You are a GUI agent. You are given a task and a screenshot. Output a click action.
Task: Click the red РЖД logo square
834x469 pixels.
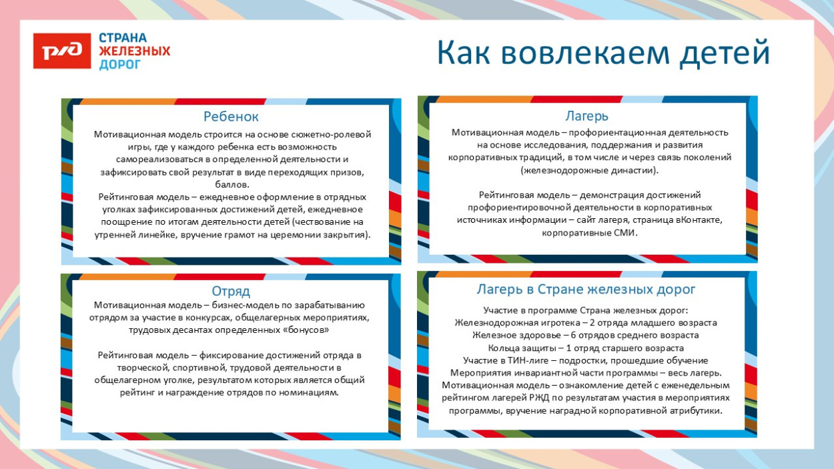click(x=61, y=51)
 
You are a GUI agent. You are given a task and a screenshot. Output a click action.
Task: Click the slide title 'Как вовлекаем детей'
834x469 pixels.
click(x=603, y=53)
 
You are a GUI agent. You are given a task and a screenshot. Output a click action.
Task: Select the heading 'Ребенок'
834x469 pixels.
click(x=231, y=117)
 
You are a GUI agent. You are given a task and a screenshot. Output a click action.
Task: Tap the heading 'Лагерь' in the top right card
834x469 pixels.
click(x=587, y=117)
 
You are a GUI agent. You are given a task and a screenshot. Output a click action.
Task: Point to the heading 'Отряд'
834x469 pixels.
click(x=231, y=292)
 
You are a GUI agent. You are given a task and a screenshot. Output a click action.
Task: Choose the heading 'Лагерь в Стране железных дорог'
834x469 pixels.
click(x=586, y=290)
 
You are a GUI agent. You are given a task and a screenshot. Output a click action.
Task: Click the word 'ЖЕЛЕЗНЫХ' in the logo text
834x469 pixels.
click(x=134, y=51)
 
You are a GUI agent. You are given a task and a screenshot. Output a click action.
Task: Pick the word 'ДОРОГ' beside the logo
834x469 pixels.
click(x=120, y=64)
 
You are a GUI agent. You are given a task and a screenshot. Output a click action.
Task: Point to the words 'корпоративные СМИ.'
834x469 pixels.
click(x=590, y=233)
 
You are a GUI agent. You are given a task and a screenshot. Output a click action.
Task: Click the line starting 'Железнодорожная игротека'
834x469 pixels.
click(x=586, y=323)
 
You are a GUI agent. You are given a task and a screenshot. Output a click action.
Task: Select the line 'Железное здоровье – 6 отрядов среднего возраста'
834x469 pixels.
click(x=586, y=336)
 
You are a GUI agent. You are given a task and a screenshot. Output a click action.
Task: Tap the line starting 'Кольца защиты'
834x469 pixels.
click(x=586, y=348)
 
